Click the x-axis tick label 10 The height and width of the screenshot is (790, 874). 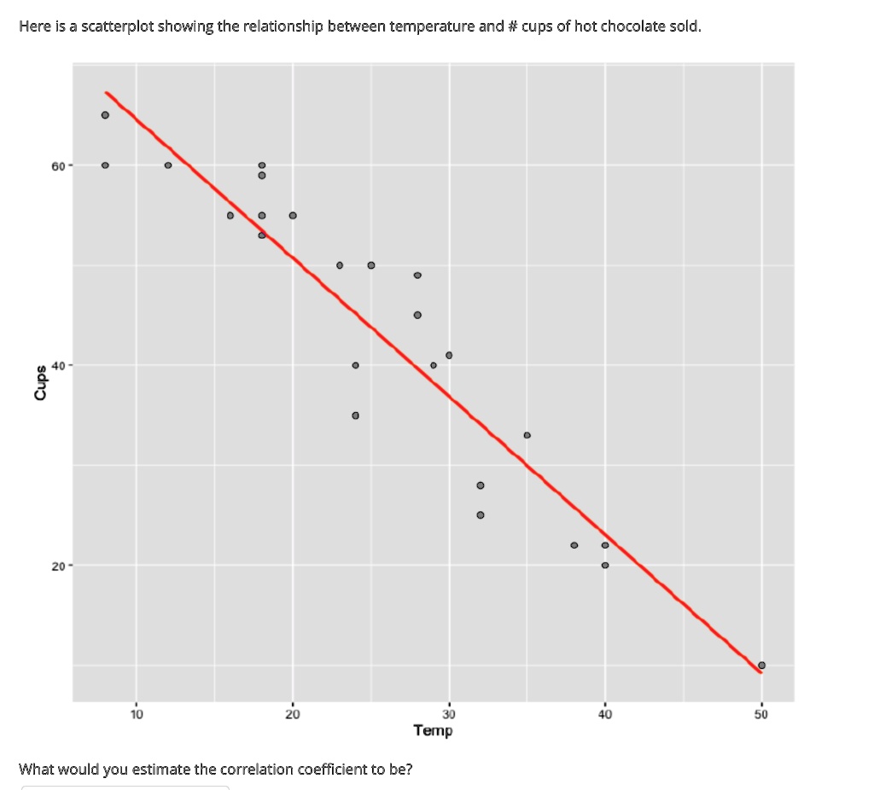pos(137,714)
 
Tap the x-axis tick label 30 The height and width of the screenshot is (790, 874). pos(449,714)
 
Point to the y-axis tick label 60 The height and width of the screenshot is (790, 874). pos(57,166)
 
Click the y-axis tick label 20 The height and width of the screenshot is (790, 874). pos(57,566)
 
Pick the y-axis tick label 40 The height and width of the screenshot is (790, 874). pos(57,365)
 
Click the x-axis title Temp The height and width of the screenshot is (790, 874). pos(433,730)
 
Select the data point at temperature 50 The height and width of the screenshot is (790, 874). pos(761,665)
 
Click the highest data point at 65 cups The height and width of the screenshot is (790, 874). pos(105,115)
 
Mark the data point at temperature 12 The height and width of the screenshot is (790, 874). pos(168,166)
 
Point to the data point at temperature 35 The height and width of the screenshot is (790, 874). pos(527,435)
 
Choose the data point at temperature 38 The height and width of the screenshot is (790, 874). pos(574,545)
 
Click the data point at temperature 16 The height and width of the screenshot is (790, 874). pos(230,215)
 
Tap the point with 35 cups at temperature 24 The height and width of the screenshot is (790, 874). pos(355,415)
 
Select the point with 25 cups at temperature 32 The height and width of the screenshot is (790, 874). pos(481,515)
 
